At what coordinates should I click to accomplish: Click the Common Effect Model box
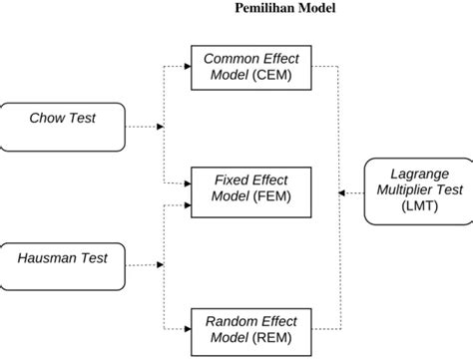coord(250,67)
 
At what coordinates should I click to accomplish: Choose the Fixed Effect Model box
coord(250,187)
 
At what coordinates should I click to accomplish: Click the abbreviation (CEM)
coord(274,75)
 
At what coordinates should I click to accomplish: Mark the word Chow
coord(46,118)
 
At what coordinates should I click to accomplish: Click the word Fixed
coord(233,180)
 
